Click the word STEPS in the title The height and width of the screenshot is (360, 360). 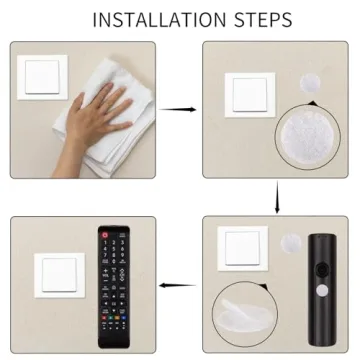263,20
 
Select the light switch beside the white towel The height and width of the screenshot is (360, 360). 42,77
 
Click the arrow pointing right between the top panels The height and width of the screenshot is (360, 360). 178,109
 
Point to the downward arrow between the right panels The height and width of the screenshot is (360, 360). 277,197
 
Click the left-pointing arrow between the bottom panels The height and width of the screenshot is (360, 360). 177,285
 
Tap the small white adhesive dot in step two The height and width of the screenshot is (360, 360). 310,83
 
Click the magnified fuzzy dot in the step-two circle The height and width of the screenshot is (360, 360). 307,137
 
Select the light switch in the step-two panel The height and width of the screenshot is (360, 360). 250,95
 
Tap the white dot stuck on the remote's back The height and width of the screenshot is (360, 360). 323,291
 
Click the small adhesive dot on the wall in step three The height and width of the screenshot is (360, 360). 291,243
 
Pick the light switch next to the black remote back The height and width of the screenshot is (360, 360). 243,248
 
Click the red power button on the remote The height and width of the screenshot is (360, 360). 105,235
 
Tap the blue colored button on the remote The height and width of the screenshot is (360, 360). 124,318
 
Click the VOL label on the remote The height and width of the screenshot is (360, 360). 105,276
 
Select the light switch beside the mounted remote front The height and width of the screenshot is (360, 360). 59,275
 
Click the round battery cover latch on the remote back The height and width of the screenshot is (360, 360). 322,268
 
